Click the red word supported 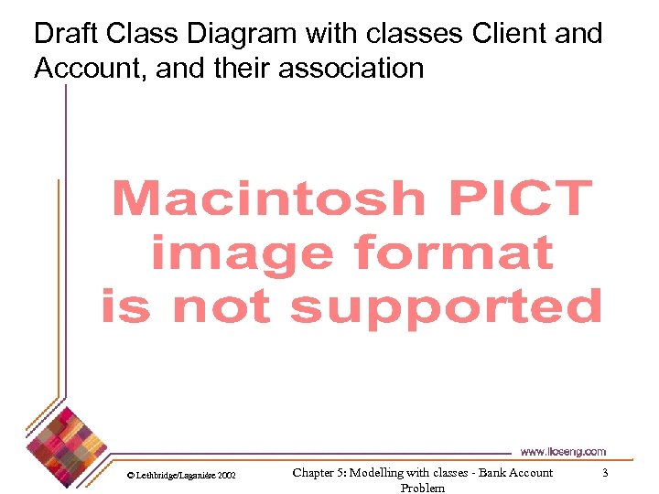pyautogui.click(x=446, y=306)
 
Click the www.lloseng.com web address pyautogui.click(x=562, y=451)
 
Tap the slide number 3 pyautogui.click(x=604, y=472)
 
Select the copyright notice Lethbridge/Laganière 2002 pyautogui.click(x=181, y=476)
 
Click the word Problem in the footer pyautogui.click(x=423, y=488)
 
